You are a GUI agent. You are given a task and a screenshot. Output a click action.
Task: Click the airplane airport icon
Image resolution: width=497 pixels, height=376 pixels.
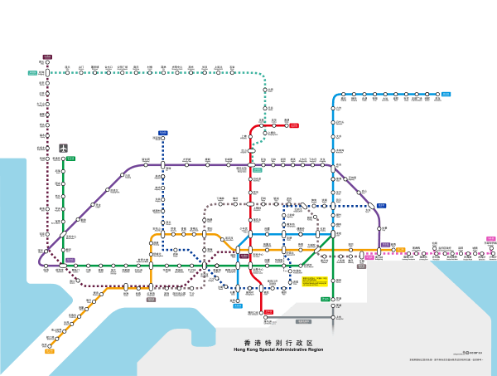click(63, 149)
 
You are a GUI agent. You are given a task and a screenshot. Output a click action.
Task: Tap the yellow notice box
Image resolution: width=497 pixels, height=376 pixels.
click(314, 281)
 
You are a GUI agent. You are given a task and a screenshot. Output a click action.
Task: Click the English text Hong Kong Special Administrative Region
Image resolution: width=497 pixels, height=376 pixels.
click(278, 349)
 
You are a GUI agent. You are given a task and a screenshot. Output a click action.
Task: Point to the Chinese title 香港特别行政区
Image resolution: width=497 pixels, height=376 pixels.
click(278, 342)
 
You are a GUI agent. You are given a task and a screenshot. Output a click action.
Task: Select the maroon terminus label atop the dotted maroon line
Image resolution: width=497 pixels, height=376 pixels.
click(47, 57)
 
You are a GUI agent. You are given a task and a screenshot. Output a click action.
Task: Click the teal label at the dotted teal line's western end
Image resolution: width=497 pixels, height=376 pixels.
click(32, 73)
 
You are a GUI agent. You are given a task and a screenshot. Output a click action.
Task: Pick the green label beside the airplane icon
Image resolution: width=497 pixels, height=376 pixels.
click(70, 159)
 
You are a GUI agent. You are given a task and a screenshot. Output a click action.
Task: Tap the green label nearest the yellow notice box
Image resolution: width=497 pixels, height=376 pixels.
click(326, 299)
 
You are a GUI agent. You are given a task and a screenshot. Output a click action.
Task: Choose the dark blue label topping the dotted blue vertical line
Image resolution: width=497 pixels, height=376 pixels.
click(163, 133)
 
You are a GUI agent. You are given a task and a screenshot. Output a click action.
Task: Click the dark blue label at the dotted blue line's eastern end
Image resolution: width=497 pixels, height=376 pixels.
click(381, 206)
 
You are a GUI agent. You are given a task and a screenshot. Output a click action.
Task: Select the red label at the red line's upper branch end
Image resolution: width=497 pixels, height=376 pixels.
click(294, 126)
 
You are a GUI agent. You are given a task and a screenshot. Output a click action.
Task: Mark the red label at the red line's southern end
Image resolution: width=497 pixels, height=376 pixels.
click(268, 312)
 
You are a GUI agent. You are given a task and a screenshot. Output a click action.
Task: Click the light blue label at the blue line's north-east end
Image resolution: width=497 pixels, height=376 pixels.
click(446, 95)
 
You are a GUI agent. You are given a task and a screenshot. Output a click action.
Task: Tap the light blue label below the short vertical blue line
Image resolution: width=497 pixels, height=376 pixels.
click(238, 305)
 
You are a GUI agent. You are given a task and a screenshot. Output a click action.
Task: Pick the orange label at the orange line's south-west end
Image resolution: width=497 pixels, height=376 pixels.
click(49, 351)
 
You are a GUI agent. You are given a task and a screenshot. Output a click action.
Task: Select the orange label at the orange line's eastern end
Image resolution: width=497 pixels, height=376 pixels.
click(401, 249)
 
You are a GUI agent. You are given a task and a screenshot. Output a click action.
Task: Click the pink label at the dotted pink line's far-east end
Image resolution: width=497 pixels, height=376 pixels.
click(491, 239)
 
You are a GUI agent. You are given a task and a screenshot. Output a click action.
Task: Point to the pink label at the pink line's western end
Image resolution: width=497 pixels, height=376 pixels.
click(369, 257)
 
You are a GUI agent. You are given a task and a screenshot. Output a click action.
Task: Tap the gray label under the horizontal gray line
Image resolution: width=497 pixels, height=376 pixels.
click(303, 321)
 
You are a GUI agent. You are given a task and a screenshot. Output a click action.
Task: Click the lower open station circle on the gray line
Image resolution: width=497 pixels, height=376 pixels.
click(333, 317)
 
